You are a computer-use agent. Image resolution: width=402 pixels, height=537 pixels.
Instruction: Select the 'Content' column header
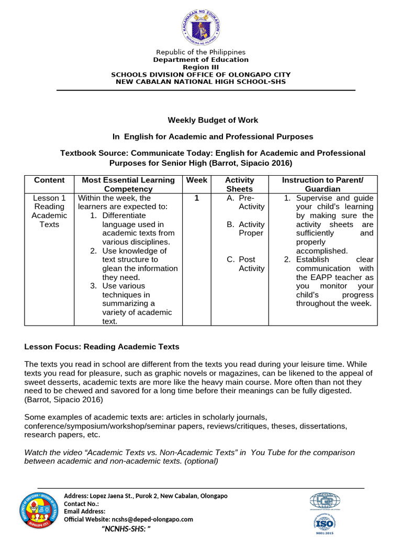pos(49,180)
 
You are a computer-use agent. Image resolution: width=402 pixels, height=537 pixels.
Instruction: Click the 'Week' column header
pos(197,180)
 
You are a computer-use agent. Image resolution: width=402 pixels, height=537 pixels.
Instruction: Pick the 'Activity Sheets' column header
pos(239,184)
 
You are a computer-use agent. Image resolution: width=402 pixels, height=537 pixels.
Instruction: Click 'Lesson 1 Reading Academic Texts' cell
pos(49,211)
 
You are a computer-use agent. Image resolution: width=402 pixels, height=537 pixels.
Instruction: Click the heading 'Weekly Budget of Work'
pos(213,120)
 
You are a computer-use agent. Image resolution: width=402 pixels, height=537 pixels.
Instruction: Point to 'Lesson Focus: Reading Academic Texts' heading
pos(102,347)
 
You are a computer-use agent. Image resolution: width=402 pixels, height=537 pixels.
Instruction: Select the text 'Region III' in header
pos(200,67)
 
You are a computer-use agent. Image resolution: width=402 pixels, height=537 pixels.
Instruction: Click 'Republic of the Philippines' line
pos(200,52)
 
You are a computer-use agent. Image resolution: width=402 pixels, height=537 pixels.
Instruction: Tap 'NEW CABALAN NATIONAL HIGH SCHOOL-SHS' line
pos(200,82)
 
